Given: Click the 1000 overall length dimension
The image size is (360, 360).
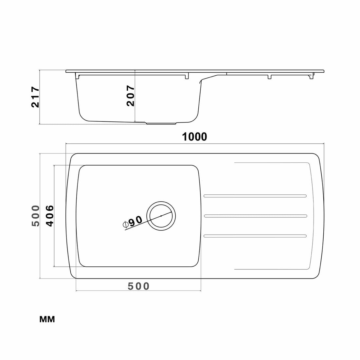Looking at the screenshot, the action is coord(194,137).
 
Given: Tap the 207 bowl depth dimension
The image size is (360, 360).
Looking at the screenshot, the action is coord(130,96).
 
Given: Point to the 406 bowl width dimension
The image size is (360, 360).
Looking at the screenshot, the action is coord(50,216).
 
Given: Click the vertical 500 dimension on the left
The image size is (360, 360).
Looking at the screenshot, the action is coord(36,216).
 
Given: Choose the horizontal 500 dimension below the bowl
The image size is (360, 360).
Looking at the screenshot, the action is coord(138,286).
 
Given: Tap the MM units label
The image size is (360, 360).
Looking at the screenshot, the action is coord(47,319).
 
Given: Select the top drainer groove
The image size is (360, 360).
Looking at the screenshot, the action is coord(255,196).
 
